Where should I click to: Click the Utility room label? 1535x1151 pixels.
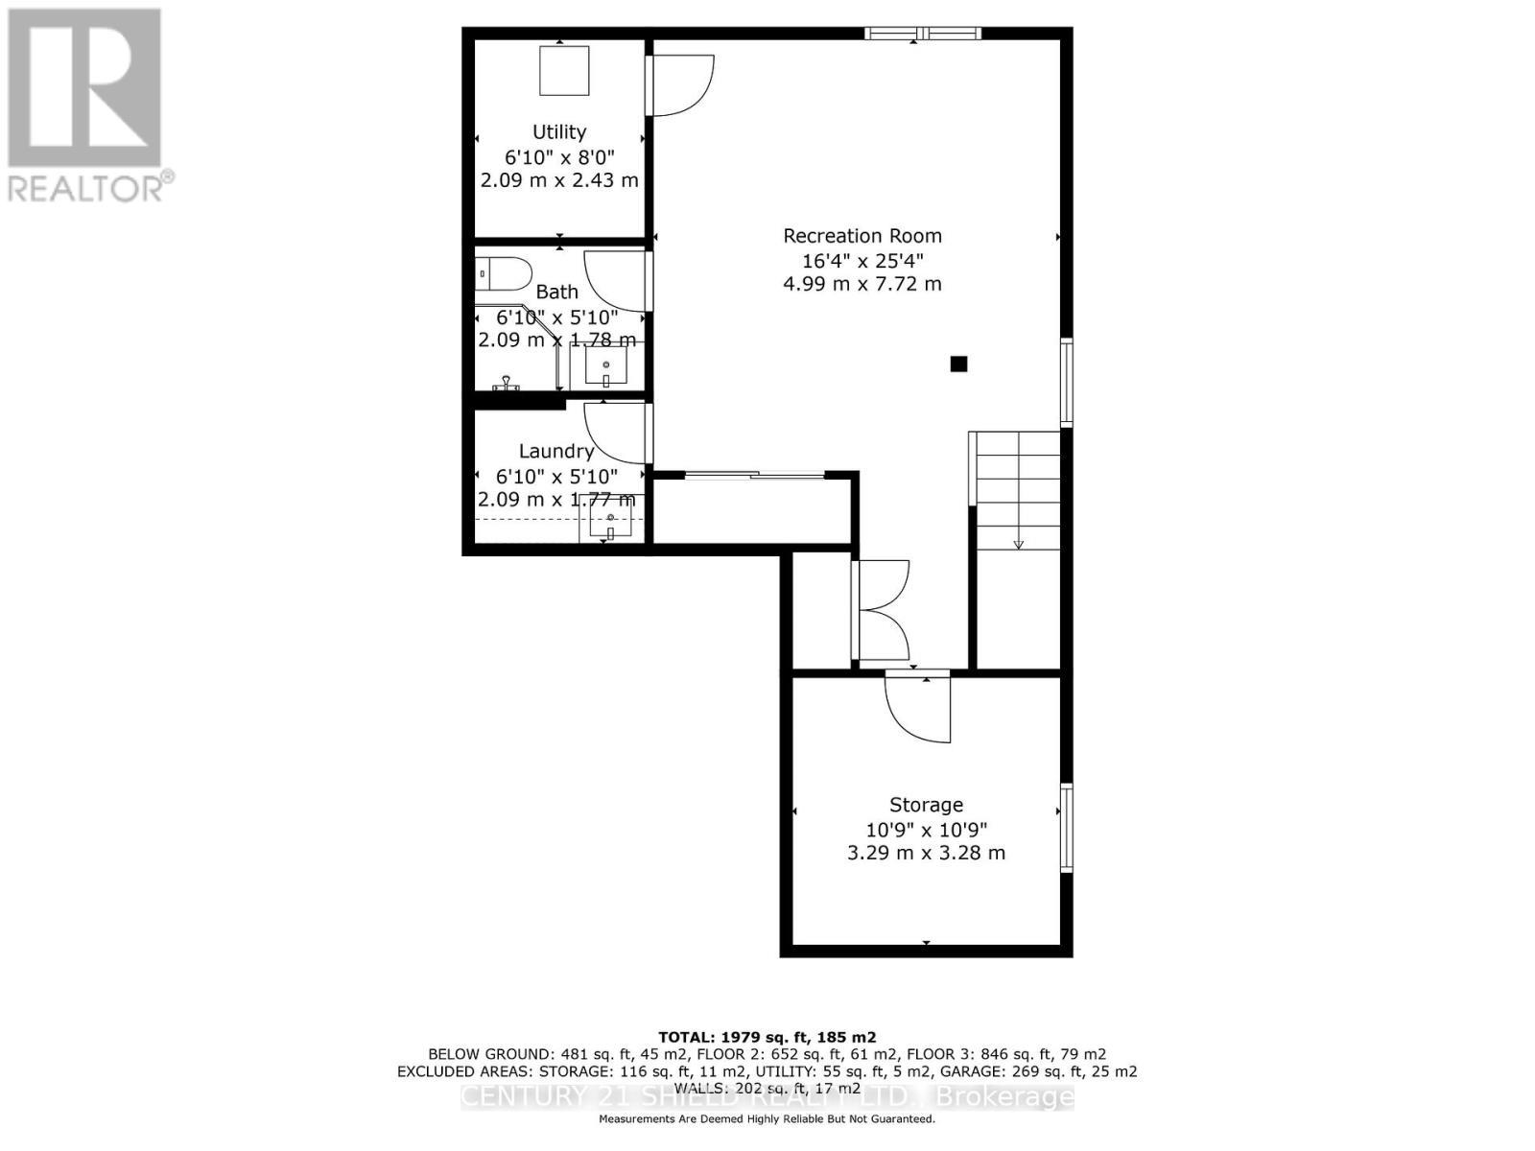[559, 132]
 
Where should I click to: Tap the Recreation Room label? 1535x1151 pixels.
[862, 236]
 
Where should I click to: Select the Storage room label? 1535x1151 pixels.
[926, 805]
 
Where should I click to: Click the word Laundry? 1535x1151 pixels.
[556, 451]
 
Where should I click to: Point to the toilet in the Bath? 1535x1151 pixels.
[504, 274]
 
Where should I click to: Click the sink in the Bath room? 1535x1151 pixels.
[606, 364]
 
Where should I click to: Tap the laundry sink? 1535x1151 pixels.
[608, 524]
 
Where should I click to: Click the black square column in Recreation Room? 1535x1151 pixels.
[958, 364]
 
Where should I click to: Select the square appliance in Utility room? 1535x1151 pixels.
[564, 70]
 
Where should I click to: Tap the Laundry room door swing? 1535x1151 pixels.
[617, 434]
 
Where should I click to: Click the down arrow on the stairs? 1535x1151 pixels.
[1019, 543]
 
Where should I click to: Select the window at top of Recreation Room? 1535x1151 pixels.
[922, 34]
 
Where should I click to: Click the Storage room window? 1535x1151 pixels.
[1066, 828]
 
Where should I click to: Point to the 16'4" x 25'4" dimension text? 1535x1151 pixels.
[862, 260]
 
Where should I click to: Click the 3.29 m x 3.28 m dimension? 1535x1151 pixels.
[926, 853]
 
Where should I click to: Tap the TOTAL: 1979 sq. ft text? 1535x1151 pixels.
[767, 1037]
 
